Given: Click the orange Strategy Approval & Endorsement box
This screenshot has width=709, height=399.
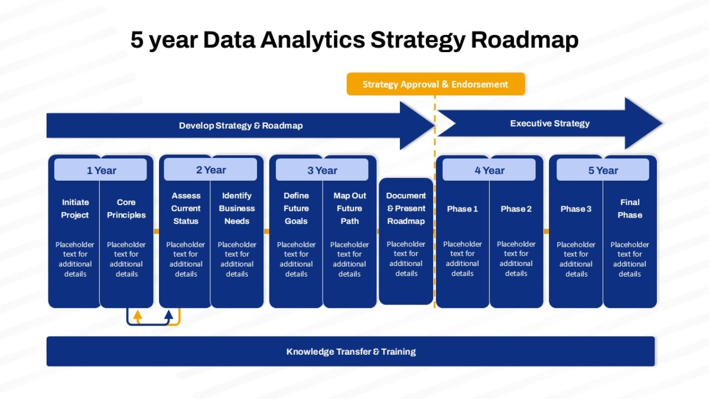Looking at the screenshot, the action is [x=436, y=84].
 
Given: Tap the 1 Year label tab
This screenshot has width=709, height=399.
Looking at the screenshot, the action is [x=100, y=170].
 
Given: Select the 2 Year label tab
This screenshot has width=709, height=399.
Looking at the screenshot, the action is [x=210, y=170].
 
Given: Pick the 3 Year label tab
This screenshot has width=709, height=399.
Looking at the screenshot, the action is [x=322, y=170].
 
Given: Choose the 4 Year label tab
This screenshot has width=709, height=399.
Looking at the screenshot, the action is [x=489, y=170].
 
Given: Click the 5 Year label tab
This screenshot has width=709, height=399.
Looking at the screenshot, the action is [x=603, y=170].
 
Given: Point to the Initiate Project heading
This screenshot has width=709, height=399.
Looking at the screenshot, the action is [x=75, y=209].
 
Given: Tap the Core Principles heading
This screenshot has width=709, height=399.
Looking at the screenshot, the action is [x=126, y=209].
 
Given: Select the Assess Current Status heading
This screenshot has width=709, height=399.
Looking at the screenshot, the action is [x=186, y=208].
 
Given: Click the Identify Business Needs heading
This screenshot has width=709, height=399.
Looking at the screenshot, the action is [x=237, y=208].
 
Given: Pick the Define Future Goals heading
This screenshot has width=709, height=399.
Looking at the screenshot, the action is [x=296, y=208].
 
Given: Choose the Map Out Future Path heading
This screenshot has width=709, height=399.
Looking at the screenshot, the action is [x=349, y=208].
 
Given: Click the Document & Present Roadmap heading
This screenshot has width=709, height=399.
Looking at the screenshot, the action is [x=406, y=208].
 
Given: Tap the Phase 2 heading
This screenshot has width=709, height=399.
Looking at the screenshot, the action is [x=516, y=209].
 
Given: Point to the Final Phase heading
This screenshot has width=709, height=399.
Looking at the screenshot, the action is [x=630, y=209].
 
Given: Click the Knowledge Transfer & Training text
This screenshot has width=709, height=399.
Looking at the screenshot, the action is [x=351, y=352].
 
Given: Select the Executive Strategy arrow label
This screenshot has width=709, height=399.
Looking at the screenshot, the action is [x=550, y=124].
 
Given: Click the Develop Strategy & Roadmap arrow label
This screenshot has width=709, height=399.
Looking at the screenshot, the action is [x=241, y=126].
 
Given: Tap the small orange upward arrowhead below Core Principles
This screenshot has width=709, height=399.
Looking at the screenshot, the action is [x=137, y=316].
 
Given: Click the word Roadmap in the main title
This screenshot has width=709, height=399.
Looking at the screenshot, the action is [x=525, y=40].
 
